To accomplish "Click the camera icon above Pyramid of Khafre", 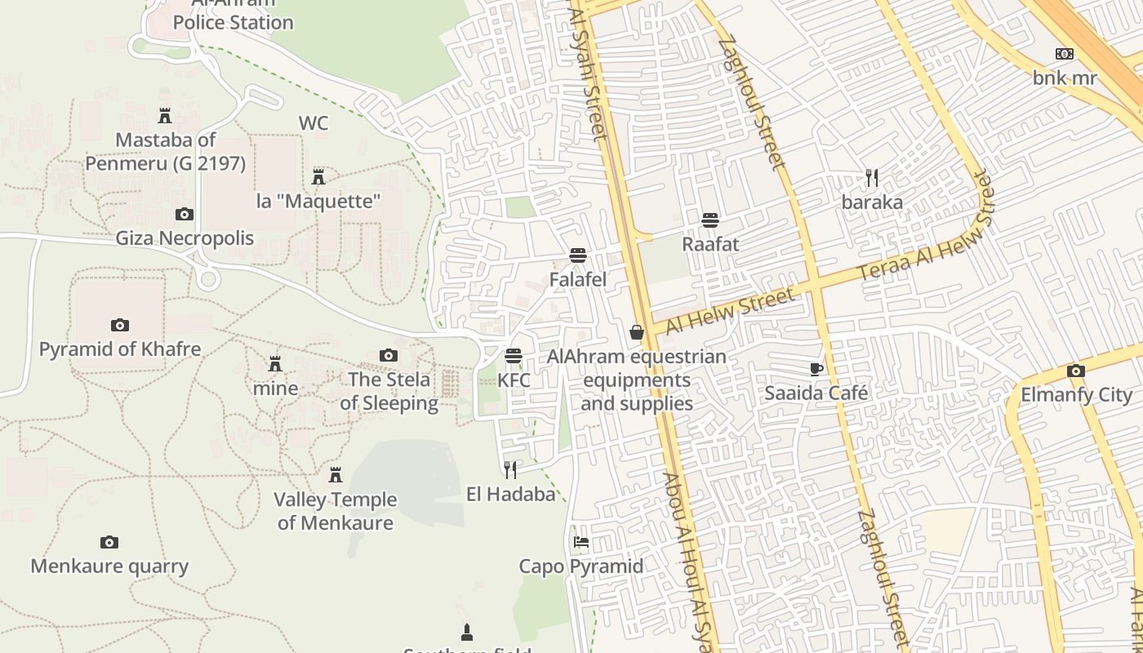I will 120,325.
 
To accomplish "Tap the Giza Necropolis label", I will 184,238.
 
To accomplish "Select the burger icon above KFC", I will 513,356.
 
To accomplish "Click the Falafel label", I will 577,280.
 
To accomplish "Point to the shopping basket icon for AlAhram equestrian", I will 636,332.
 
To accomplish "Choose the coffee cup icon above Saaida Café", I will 816,369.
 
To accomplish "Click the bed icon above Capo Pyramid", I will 580,541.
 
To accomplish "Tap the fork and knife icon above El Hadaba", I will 510,469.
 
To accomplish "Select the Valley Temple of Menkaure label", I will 335,511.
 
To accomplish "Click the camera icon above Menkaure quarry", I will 109,542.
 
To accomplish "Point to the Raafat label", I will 709,244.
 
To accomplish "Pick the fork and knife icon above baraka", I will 871,177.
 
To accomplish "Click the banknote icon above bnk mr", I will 1064,54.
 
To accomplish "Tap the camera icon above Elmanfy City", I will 1075,371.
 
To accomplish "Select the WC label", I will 314,123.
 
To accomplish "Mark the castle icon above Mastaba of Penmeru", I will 165,115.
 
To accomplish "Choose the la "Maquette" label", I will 318,201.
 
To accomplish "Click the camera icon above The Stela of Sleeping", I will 389,355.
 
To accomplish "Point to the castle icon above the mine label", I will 275,363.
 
